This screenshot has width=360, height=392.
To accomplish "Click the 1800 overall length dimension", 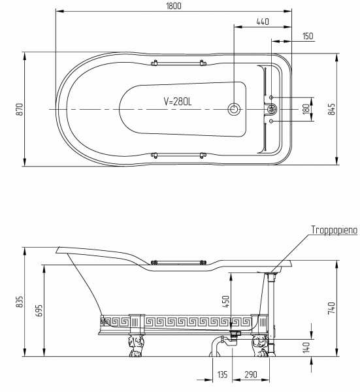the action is tap(174, 6).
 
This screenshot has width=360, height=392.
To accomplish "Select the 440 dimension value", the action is tap(263, 22).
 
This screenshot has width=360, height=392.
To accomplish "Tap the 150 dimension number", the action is tap(308, 36).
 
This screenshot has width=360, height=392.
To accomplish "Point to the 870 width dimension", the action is tap(20, 109).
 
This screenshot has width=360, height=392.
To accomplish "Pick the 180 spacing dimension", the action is tap(306, 109).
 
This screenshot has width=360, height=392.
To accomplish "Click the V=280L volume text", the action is tap(178, 101).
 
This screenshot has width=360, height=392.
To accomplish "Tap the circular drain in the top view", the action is tap(234, 109).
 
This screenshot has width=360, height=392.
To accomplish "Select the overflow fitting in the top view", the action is tap(272, 109).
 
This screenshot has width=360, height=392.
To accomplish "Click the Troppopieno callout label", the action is tap(335, 230).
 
